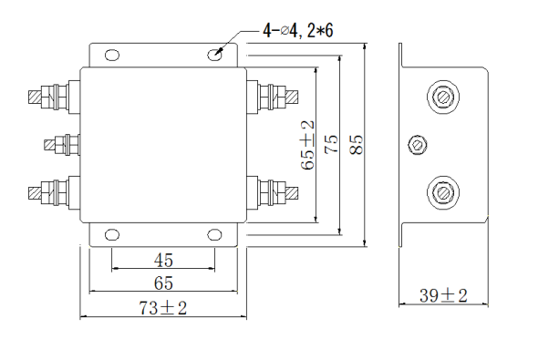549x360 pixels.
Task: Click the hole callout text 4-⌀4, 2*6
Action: [298, 31]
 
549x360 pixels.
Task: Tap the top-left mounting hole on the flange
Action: [111, 55]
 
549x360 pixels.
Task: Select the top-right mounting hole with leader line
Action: [214, 55]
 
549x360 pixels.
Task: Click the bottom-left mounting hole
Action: [111, 235]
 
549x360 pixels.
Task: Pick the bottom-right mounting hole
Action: [214, 235]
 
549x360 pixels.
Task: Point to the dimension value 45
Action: [163, 261]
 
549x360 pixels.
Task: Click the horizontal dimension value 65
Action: [163, 283]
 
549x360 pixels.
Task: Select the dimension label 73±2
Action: [163, 308]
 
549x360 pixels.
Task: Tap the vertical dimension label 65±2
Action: [307, 145]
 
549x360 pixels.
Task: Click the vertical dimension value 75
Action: [331, 144]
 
